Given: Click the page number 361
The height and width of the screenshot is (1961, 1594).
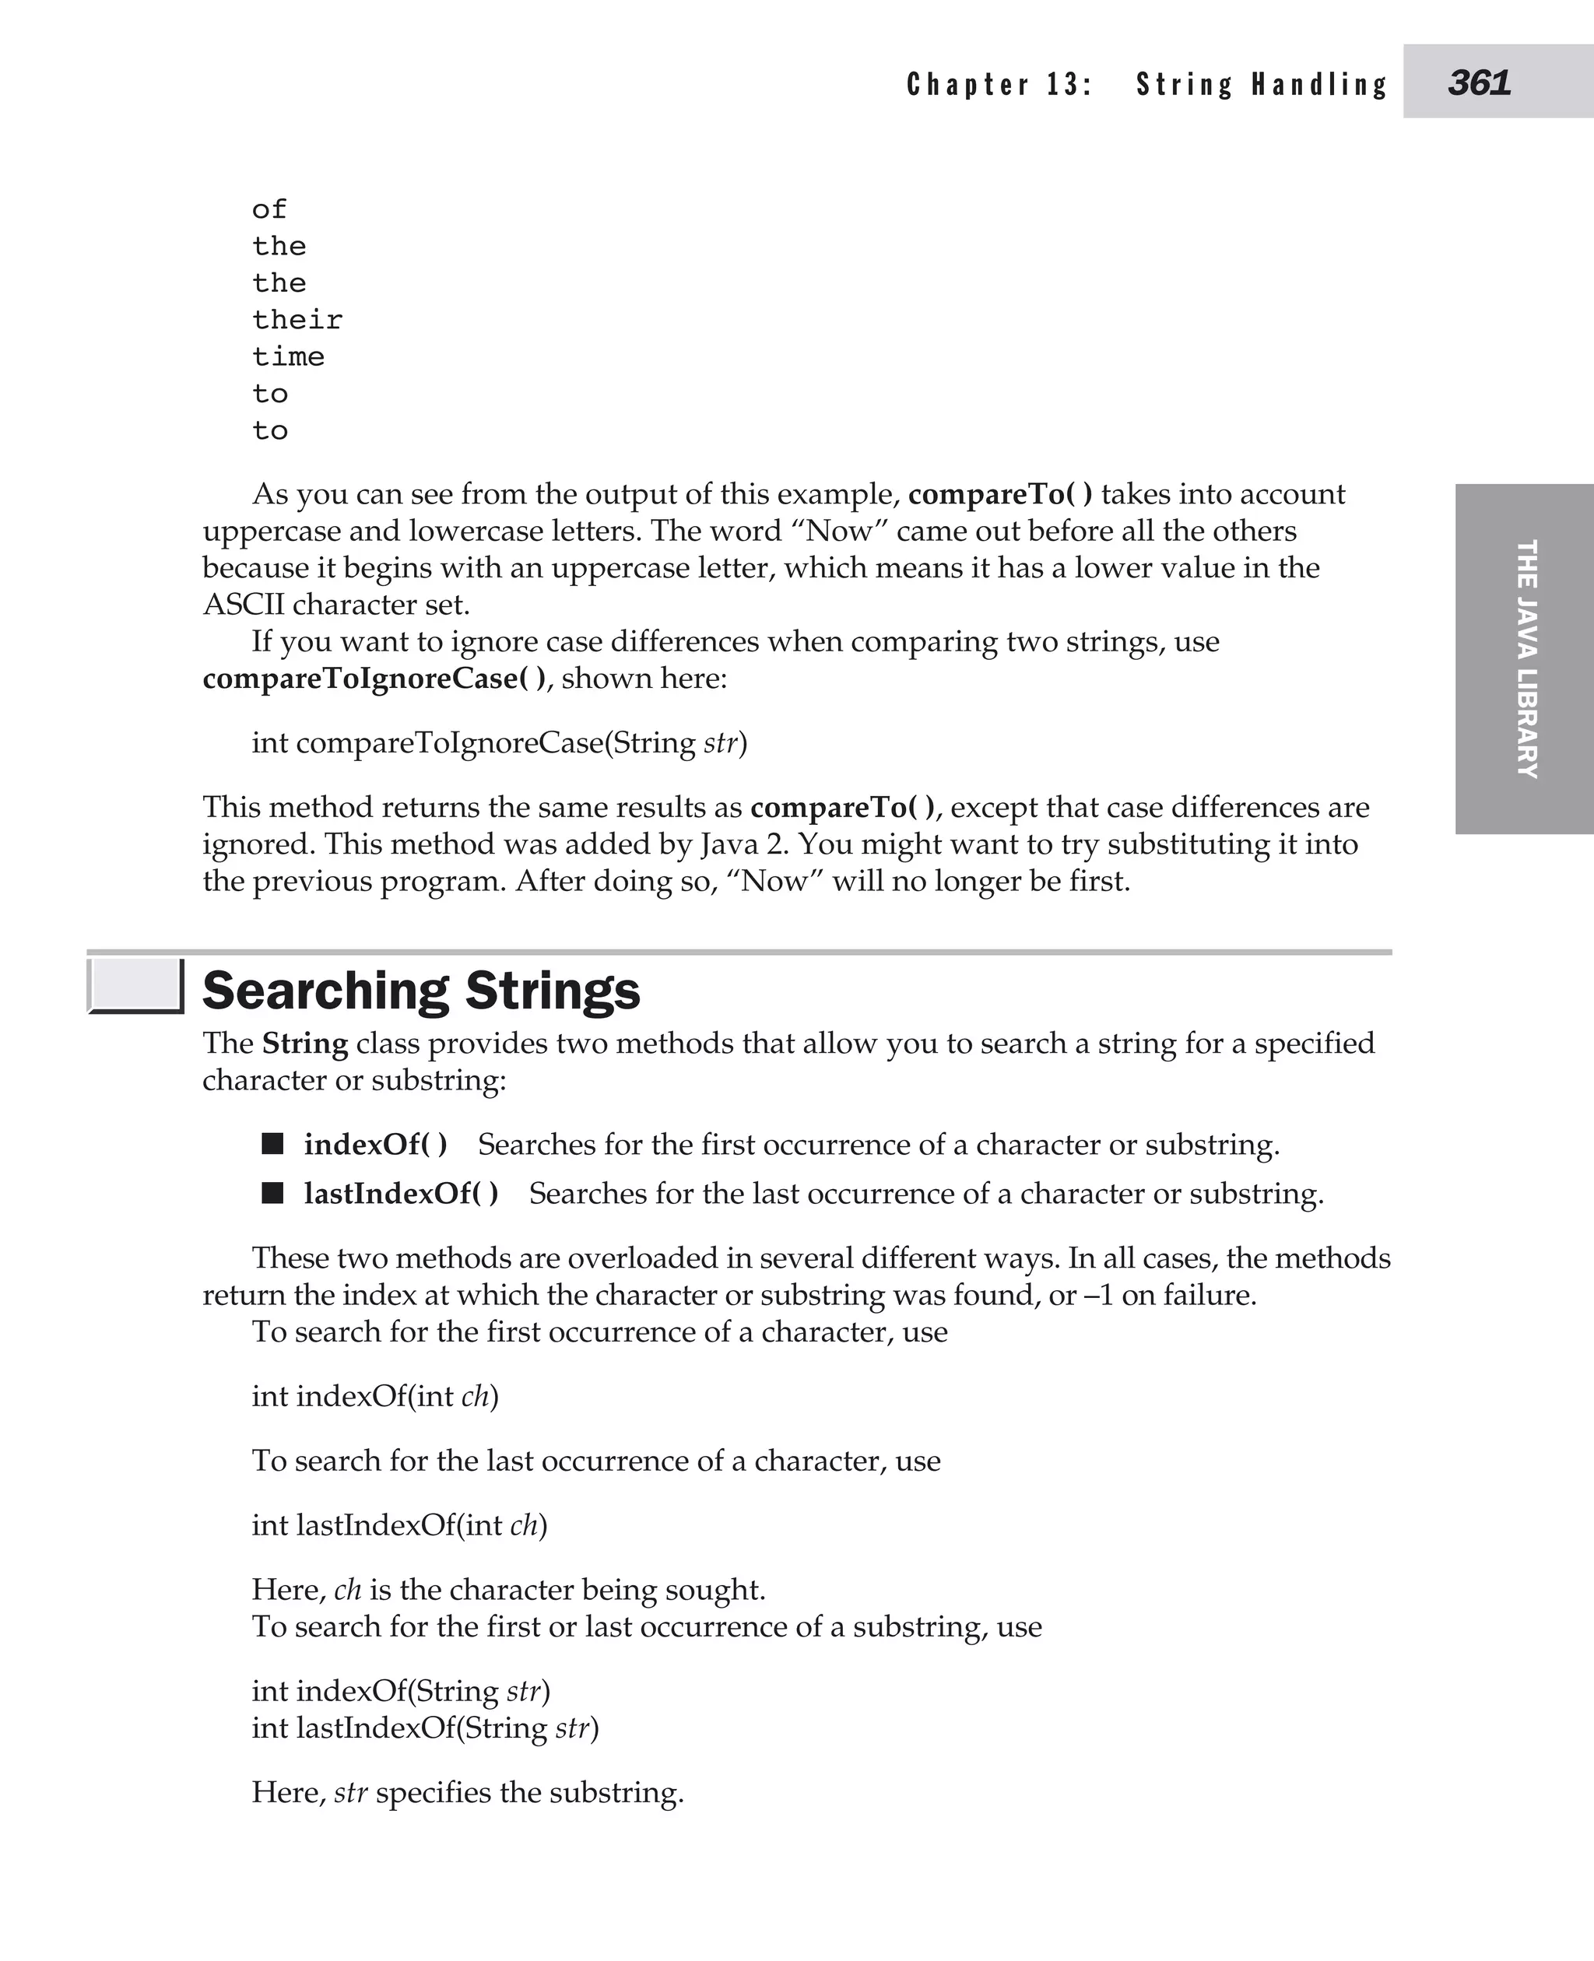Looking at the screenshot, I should [1478, 83].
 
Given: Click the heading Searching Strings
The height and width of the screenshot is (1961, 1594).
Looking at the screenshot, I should [420, 991].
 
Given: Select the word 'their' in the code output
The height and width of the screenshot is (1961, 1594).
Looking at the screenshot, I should [297, 320].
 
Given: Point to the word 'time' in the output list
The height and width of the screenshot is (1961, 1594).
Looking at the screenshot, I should [288, 356].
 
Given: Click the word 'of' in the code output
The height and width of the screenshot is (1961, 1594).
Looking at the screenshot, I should [269, 209].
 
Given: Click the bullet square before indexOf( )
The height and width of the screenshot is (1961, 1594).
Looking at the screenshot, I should [272, 1143].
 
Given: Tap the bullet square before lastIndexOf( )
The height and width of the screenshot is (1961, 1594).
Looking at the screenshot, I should [272, 1193].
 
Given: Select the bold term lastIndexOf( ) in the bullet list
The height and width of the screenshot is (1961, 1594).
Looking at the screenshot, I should [402, 1194].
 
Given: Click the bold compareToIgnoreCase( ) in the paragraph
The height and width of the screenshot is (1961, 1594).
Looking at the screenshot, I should [374, 679].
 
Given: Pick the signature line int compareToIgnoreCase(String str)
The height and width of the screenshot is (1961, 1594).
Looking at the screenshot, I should [500, 742].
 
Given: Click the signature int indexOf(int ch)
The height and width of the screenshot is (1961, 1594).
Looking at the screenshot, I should [374, 1396].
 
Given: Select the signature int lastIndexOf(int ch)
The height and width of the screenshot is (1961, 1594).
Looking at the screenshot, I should [399, 1525].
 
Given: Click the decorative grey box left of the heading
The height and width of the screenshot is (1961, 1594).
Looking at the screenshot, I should [135, 985].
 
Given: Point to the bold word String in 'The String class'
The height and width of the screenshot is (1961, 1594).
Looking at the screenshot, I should [305, 1044].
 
